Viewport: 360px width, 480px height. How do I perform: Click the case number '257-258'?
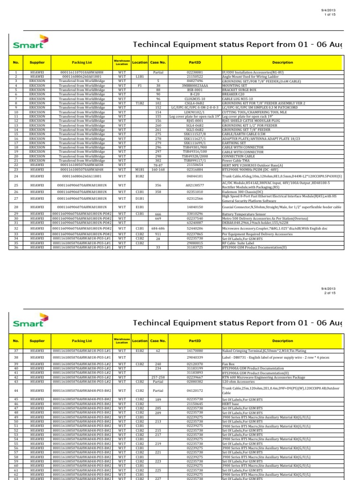[158, 377]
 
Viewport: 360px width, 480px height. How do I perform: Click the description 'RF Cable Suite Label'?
[239, 244]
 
